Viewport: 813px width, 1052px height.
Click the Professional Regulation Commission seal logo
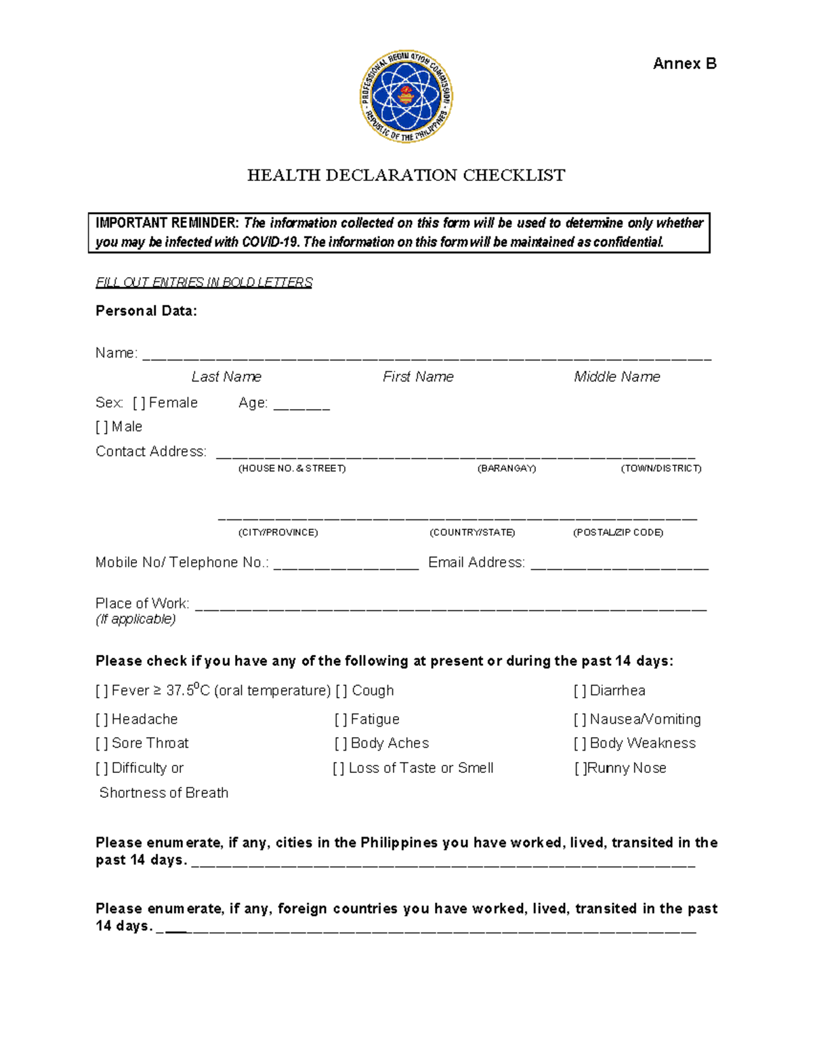click(x=406, y=96)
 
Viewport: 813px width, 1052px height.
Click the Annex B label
click(x=684, y=64)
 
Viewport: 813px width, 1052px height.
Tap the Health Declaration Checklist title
click(x=406, y=175)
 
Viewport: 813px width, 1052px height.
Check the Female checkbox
click(x=139, y=403)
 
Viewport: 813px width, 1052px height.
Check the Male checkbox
click(x=102, y=427)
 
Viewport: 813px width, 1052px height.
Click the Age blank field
click(x=301, y=405)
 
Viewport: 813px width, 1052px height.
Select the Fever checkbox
click(x=102, y=691)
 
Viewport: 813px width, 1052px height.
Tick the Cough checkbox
click(x=341, y=691)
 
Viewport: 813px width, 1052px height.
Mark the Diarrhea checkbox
click(x=580, y=691)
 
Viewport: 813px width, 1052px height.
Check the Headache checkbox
click(x=102, y=719)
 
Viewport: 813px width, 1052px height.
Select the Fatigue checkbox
click(x=341, y=719)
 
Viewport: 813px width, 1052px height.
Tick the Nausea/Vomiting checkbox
click(x=580, y=719)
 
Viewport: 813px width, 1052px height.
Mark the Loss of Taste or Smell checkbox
click(x=339, y=768)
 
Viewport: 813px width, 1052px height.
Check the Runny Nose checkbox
click(x=581, y=768)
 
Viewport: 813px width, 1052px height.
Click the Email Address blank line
click(x=619, y=564)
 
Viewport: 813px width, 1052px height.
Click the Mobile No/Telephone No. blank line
click(x=346, y=564)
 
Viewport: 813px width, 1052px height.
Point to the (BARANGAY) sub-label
click(x=507, y=469)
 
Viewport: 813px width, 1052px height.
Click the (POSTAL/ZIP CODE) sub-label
click(x=618, y=532)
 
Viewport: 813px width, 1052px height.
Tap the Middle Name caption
click(x=617, y=377)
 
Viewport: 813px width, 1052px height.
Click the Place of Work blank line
click(x=451, y=605)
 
